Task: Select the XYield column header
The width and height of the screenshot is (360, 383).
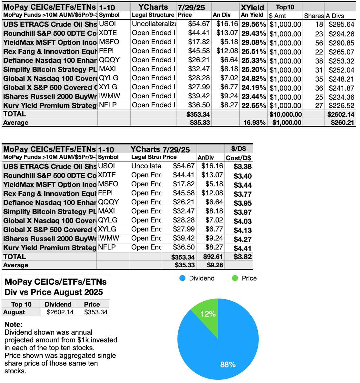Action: (x=252, y=7)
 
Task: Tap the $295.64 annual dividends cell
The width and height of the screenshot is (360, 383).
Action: (x=341, y=25)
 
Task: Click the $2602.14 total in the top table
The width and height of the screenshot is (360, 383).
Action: (x=341, y=114)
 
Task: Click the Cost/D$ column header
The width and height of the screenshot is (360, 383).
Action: (x=238, y=158)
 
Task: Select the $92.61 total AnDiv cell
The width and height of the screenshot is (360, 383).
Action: (x=213, y=257)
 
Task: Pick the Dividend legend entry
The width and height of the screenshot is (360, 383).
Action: (x=197, y=278)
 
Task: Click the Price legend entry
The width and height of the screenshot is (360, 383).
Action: (x=245, y=278)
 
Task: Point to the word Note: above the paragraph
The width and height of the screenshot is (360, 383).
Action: (x=14, y=324)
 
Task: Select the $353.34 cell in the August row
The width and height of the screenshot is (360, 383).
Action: (x=95, y=312)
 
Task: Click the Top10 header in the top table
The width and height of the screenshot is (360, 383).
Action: (x=285, y=7)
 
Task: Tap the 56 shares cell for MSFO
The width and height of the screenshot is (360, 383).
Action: (x=319, y=43)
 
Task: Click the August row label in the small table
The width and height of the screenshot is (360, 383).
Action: (x=14, y=312)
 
